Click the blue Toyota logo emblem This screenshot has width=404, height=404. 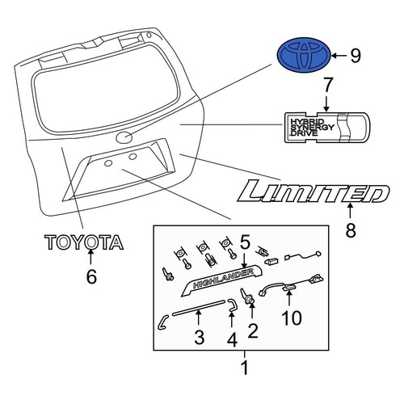click(304, 55)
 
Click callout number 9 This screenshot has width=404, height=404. click(355, 56)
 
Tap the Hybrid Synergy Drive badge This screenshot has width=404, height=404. click(327, 127)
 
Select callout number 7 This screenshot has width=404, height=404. click(327, 85)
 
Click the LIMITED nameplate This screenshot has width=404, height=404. click(314, 191)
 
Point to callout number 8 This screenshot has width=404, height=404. click(351, 229)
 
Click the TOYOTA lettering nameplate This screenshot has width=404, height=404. click(84, 242)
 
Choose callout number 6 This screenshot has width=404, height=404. click(91, 276)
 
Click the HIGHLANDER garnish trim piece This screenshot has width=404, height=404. click(221, 280)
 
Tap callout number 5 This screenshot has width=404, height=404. click(245, 242)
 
